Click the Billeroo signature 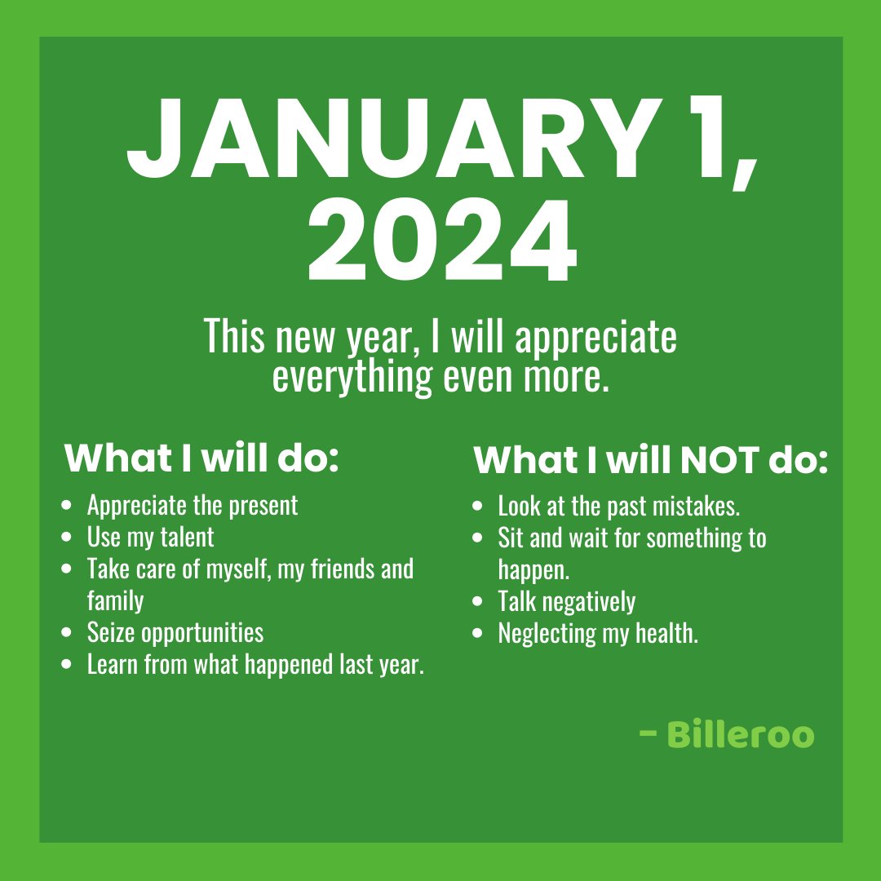[741, 734]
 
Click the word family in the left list [115, 600]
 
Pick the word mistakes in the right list [699, 507]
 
